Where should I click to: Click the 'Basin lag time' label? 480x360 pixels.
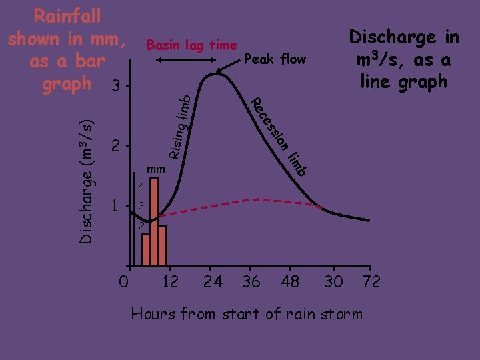pos(191,45)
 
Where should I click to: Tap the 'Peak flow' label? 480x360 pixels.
pos(275,60)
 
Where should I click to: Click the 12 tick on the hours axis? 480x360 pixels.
pos(170,282)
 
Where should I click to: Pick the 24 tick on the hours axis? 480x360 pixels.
pos(213,282)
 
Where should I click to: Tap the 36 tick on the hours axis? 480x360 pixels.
pos(251,282)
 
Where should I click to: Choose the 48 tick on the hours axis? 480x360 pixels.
pos(290,282)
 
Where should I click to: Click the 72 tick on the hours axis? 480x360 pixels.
pos(371,282)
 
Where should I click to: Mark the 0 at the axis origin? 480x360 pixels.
pos(123,282)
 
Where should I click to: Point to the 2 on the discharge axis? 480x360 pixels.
pos(116,146)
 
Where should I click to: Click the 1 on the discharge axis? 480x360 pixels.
pos(116,207)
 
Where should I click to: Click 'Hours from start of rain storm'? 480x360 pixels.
pos(247,314)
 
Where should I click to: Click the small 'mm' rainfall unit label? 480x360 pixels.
pos(155,169)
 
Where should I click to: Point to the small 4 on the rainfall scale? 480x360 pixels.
pos(141,185)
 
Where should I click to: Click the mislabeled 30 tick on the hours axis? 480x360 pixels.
pos(333,282)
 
